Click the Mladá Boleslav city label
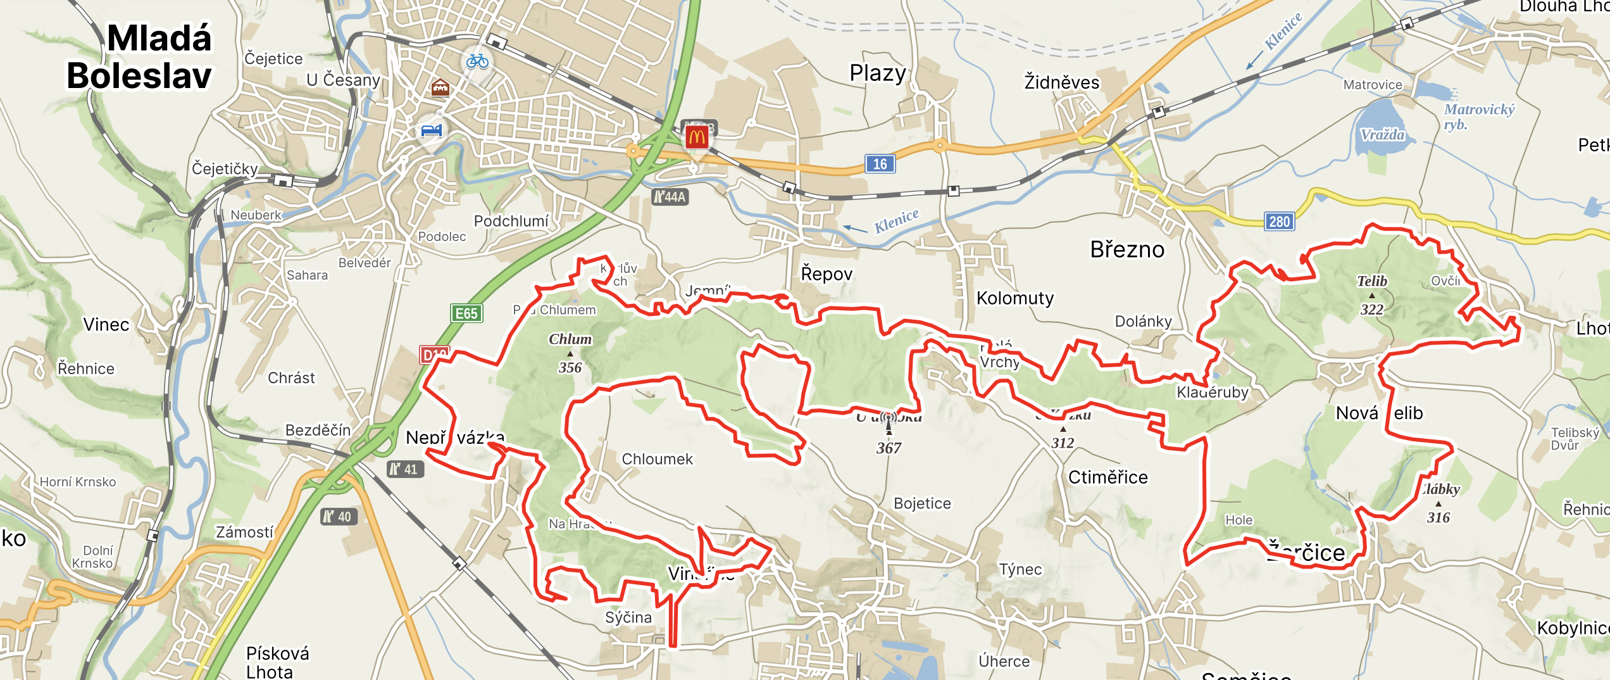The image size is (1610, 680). click(x=139, y=57)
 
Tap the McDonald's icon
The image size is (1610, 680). click(x=697, y=137)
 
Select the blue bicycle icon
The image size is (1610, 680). click(x=477, y=61)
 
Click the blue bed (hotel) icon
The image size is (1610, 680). click(x=432, y=131)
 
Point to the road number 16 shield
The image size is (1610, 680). click(x=880, y=164)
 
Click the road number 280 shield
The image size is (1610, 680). click(x=1279, y=222)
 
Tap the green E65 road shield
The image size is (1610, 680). click(x=466, y=313)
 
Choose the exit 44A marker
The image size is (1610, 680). click(x=670, y=197)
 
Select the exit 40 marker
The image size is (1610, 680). click(x=339, y=517)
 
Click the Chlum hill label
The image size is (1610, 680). click(x=570, y=339)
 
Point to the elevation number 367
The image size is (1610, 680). click(x=889, y=448)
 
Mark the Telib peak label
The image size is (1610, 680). click(x=1371, y=281)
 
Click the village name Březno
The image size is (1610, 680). click(x=1126, y=249)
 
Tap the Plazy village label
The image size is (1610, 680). click(x=877, y=73)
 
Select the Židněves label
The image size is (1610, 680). click(x=1061, y=82)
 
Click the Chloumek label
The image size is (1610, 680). click(x=657, y=459)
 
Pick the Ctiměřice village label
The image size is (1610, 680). click(x=1108, y=477)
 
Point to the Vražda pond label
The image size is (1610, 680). click(x=1382, y=135)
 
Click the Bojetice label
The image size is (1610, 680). click(x=922, y=503)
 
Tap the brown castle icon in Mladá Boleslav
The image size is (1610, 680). click(x=440, y=87)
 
